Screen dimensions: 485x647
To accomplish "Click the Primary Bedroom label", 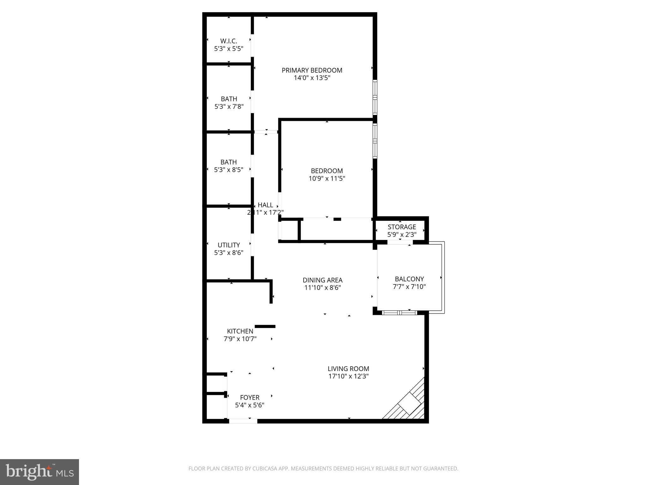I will pos(312,70).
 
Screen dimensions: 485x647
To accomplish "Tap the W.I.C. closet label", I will pos(228,41).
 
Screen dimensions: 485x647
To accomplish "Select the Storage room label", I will pos(402,227).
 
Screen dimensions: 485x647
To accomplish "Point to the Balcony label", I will pos(409,279).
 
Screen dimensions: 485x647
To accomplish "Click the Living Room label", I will pos(348,368).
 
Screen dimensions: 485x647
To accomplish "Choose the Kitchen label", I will pos(240,331).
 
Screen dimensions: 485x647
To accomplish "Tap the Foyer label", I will pos(250,398).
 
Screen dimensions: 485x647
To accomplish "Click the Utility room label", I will pos(229,245).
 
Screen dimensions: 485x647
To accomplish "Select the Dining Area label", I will pos(322,280).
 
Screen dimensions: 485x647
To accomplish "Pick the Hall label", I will pos(265,205).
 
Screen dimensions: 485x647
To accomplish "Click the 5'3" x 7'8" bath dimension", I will pos(229,107).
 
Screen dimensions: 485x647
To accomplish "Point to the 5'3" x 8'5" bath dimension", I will pos(229,170).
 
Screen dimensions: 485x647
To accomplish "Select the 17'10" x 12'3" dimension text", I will pos(348,376).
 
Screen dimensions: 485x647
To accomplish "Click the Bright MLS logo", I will pos(39,472).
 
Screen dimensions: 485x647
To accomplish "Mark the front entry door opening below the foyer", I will pos(243,421).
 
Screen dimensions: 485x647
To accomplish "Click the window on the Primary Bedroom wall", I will pos(375,97).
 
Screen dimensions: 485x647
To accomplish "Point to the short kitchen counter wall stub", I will pos(265,326).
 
